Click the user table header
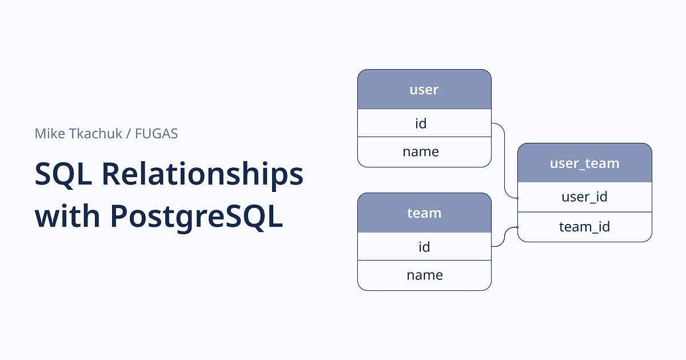pyautogui.click(x=424, y=90)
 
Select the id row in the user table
pyautogui.click(x=424, y=123)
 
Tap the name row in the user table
pyautogui.click(x=424, y=152)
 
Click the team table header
pyautogui.click(x=424, y=213)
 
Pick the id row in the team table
pyautogui.click(x=424, y=246)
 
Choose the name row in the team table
pyautogui.click(x=424, y=275)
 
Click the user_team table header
pyautogui.click(x=584, y=163)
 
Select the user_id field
pyautogui.click(x=584, y=197)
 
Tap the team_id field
pyautogui.click(x=584, y=227)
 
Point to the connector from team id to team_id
pyautogui.click(x=504, y=235)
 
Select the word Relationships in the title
pyautogui.click(x=202, y=174)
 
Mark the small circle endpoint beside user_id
pyautogui.click(x=517, y=198)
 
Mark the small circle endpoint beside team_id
pyautogui.click(x=517, y=227)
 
